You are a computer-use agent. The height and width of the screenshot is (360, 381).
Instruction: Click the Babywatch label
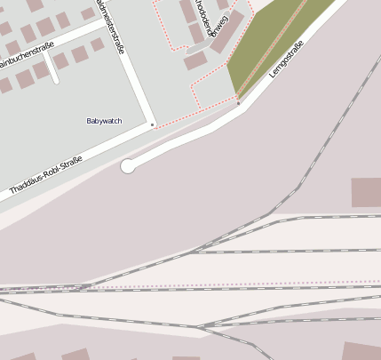[104, 121]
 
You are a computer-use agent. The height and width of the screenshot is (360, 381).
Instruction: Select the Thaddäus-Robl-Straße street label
[45, 175]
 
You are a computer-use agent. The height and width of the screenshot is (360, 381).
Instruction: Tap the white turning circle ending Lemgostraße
[128, 165]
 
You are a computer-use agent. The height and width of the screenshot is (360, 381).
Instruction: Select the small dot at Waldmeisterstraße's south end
[152, 124]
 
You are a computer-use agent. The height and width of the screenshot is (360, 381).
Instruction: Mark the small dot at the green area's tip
[238, 103]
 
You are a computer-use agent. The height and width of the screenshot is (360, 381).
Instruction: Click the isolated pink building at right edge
[366, 193]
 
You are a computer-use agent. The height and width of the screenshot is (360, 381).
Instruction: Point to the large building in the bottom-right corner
[361, 351]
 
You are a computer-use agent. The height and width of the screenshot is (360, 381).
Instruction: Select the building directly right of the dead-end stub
[61, 61]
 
